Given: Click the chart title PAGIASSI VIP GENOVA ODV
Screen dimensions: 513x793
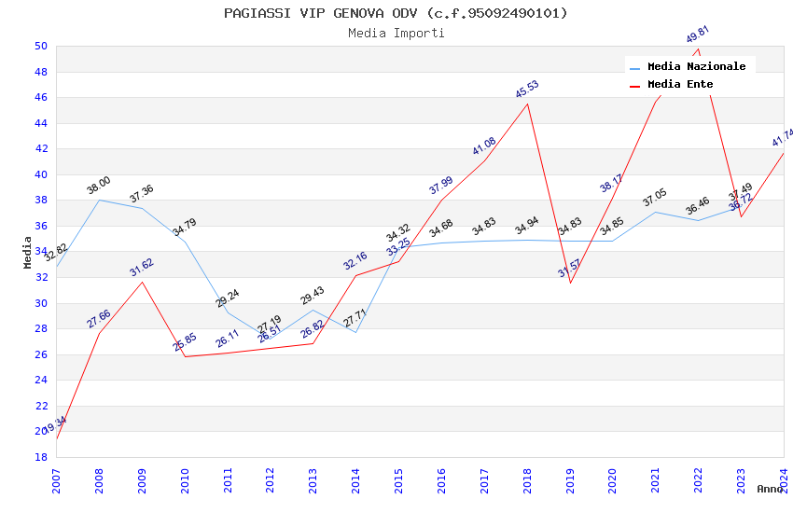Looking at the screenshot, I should pos(396,13).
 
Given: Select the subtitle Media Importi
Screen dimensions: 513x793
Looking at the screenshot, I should pos(396,34).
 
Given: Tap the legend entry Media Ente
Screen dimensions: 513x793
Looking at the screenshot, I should pos(679,84).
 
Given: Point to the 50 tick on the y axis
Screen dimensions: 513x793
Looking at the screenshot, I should pos(40,46).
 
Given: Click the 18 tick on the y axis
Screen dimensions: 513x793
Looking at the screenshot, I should pos(40,457).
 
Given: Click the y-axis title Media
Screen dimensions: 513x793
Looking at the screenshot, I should pos(28,252).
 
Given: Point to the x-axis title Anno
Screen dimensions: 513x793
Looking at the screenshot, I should pos(770,489).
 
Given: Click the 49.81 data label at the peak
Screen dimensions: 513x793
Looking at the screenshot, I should pos(697,35).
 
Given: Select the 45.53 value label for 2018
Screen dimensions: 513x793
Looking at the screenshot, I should pos(527,90).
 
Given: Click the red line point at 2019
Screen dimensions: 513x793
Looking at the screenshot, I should pos(570,283).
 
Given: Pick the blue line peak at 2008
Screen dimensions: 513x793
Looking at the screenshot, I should pos(99,200).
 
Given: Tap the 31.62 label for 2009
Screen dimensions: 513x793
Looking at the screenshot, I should pos(142,268).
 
